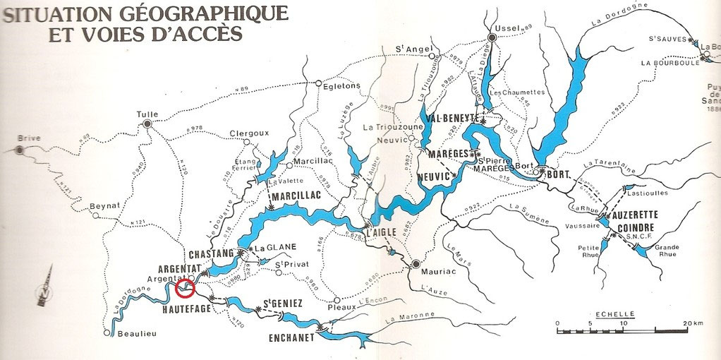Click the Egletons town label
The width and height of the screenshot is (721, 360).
coord(341,85)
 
